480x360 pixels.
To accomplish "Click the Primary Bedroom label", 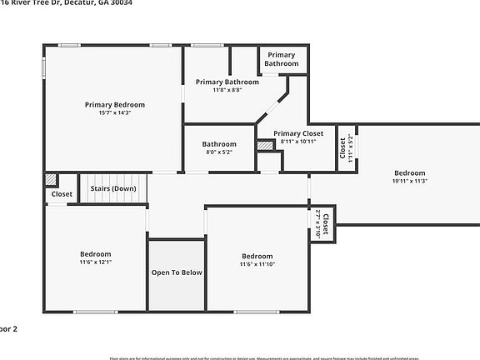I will pyautogui.click(x=115, y=104).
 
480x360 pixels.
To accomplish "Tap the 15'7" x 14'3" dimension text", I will pyautogui.click(x=115, y=112).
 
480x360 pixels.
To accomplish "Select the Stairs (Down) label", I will pyautogui.click(x=113, y=189).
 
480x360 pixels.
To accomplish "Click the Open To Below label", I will pyautogui.click(x=177, y=272).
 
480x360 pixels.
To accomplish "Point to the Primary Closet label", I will pyautogui.click(x=298, y=133).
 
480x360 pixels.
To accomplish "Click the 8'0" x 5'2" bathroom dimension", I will pyautogui.click(x=219, y=152).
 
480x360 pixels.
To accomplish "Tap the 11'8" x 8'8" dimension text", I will pyautogui.click(x=227, y=90).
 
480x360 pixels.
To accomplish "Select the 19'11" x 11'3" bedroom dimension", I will pyautogui.click(x=409, y=182).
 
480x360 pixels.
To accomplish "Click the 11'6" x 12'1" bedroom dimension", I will pyautogui.click(x=96, y=262).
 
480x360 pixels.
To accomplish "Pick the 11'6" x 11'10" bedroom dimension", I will pyautogui.click(x=257, y=264).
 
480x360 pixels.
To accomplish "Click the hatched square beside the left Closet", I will pyautogui.click(x=52, y=179).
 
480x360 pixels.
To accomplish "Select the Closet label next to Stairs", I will pyautogui.click(x=62, y=194).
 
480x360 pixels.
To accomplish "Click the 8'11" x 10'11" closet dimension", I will pyautogui.click(x=298, y=142).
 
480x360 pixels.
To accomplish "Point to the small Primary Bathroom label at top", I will pyautogui.click(x=282, y=59).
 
